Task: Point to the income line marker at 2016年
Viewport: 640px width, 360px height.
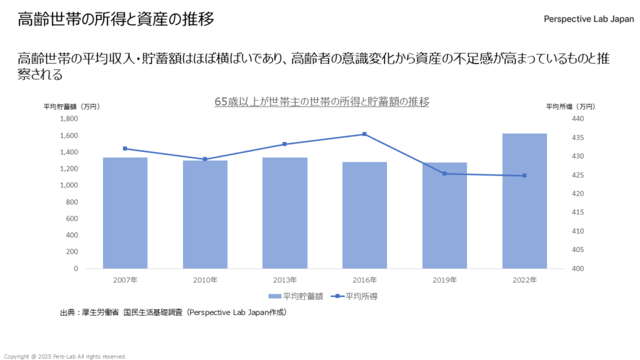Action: (x=365, y=134)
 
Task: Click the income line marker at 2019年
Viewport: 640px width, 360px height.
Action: (x=444, y=173)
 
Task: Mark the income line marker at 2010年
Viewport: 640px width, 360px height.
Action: (x=205, y=159)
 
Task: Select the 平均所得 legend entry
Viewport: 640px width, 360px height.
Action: (x=356, y=296)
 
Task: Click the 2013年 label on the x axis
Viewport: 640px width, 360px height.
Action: (x=285, y=280)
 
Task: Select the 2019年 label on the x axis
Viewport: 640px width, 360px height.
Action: (x=444, y=280)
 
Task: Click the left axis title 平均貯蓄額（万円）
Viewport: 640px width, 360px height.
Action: (x=72, y=106)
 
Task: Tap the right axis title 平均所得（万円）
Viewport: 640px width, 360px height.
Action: (x=571, y=106)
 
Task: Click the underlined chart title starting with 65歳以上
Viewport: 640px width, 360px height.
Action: (x=322, y=102)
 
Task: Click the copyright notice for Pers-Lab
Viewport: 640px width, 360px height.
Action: (x=64, y=356)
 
